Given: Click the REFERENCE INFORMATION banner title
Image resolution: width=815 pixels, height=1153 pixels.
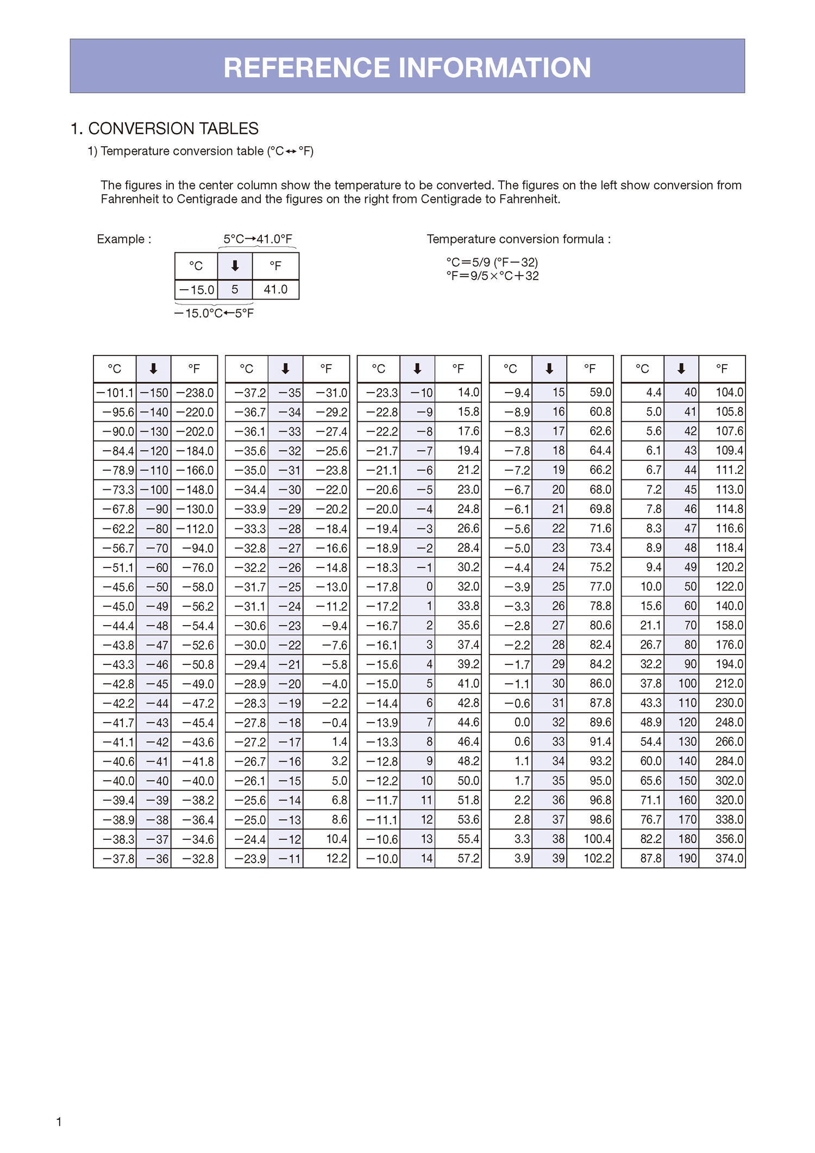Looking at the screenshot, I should pyautogui.click(x=407, y=68).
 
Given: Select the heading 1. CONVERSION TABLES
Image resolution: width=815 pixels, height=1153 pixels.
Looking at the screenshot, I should pyautogui.click(x=164, y=129).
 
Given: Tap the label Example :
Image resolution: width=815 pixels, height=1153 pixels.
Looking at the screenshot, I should pyautogui.click(x=124, y=239).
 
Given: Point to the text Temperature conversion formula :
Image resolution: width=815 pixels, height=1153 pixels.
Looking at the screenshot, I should pyautogui.click(x=518, y=239).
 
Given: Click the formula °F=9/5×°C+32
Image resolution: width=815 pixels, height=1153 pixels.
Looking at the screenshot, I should pyautogui.click(x=492, y=276).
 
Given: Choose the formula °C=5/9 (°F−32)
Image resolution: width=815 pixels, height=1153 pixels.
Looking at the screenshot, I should pyautogui.click(x=492, y=262).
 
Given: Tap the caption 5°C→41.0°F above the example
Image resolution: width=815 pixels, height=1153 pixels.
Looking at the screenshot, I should pyautogui.click(x=258, y=239).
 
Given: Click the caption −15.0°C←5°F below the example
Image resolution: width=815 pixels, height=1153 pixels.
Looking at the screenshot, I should pyautogui.click(x=214, y=314).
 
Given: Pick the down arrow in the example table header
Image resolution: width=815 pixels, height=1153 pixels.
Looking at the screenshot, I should pyautogui.click(x=235, y=266).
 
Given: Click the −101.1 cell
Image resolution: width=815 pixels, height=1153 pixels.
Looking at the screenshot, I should pyautogui.click(x=115, y=392).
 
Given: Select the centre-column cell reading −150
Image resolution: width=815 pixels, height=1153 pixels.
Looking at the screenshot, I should pyautogui.click(x=154, y=392).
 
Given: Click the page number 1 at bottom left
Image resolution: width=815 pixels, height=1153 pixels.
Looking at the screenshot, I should pyautogui.click(x=59, y=1121).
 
